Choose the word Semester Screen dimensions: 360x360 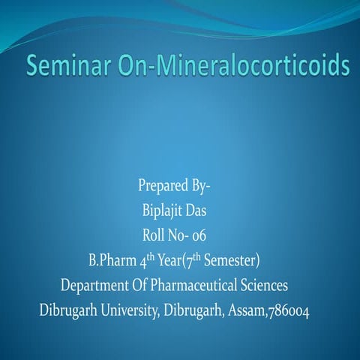click(x=227, y=261)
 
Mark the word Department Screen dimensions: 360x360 click(x=96, y=286)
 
